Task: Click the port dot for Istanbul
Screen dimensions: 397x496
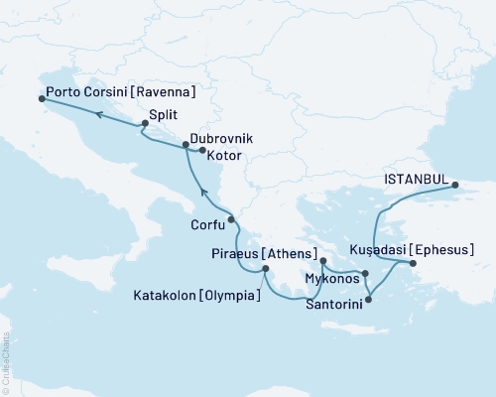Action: pyautogui.click(x=454, y=186)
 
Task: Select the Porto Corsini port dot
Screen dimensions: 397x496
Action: pyautogui.click(x=41, y=99)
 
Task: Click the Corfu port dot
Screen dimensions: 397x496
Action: pyautogui.click(x=230, y=219)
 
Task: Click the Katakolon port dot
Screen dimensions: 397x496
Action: pyautogui.click(x=265, y=269)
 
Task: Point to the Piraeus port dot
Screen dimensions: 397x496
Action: pyautogui.click(x=323, y=262)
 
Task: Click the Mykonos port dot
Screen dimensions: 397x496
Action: pyautogui.click(x=365, y=274)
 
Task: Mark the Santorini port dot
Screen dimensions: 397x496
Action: pyautogui.click(x=368, y=299)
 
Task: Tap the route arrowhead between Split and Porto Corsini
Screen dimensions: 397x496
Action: pyautogui.click(x=99, y=114)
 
